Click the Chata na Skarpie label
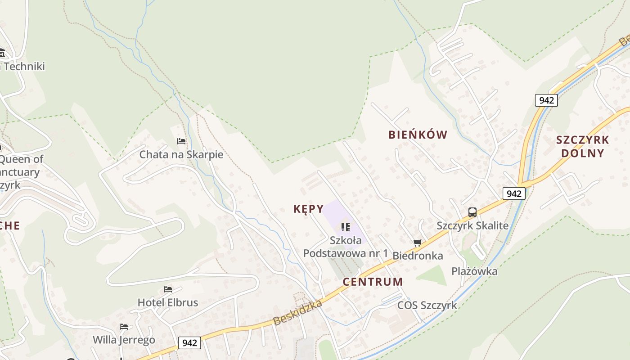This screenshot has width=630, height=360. tap(181, 154)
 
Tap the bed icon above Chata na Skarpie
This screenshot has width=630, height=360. tap(181, 141)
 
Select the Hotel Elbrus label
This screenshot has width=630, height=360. tap(167, 302)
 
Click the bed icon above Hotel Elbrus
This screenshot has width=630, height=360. tap(168, 289)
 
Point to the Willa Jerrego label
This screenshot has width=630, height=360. tap(124, 339)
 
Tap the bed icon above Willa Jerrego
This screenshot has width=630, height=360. tap(124, 326)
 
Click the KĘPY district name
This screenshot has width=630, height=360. tap(308, 209)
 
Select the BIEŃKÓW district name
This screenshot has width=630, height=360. tap(418, 135)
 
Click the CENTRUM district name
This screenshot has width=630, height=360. tap(373, 282)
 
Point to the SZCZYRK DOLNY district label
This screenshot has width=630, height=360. tap(583, 146)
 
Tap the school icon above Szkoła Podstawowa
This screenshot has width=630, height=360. tap(345, 227)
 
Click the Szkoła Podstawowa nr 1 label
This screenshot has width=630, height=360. tap(345, 247)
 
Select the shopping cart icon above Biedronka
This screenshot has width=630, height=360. tap(417, 243)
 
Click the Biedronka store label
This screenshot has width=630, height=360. tap(418, 256)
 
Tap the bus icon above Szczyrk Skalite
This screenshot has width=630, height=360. tap(472, 212)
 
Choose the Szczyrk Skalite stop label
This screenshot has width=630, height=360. tap(472, 225)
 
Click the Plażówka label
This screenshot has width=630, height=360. tap(474, 271)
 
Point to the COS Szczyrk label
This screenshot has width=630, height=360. tap(427, 305)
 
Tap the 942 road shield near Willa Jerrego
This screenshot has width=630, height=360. tap(189, 343)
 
